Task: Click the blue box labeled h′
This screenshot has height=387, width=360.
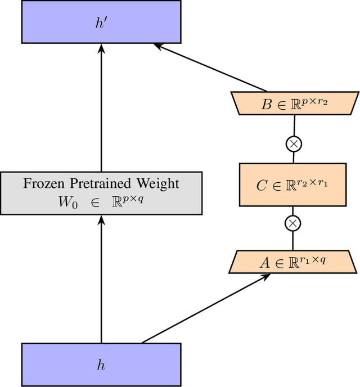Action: pos(101,22)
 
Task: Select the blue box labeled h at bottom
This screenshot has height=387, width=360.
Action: pos(101,364)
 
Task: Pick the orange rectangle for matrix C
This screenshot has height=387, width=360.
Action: pos(292,184)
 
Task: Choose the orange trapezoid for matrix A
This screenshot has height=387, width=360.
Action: pos(292,262)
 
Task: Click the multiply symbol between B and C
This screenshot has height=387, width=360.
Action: pos(293,144)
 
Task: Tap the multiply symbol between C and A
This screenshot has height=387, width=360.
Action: pos(292,224)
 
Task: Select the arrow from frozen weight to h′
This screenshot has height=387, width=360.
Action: pos(101,107)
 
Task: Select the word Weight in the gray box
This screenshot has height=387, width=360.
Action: pos(159,183)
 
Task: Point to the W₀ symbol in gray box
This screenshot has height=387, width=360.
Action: pos(64,202)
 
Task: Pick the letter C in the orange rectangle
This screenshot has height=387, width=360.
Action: pos(262,186)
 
